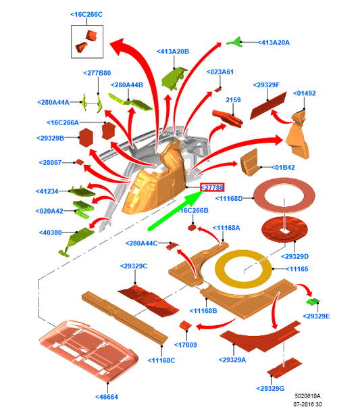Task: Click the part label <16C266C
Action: coord(86,15)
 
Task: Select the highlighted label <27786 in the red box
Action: coord(212,187)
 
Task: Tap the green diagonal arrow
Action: coord(176,210)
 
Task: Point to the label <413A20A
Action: coord(274,43)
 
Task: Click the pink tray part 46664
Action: coord(88,350)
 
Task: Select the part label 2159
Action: coord(233,100)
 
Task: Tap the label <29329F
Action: coord(266,85)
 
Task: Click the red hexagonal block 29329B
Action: coord(86,137)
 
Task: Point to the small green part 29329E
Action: coord(313,302)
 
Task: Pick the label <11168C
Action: coord(161,360)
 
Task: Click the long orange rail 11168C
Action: coord(125,318)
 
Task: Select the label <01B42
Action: coord(283,168)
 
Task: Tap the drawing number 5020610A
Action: coord(307,396)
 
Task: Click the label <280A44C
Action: coord(142,243)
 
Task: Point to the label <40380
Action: coord(50,233)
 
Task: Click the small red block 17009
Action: coord(186,325)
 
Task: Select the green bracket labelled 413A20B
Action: coord(174,78)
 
